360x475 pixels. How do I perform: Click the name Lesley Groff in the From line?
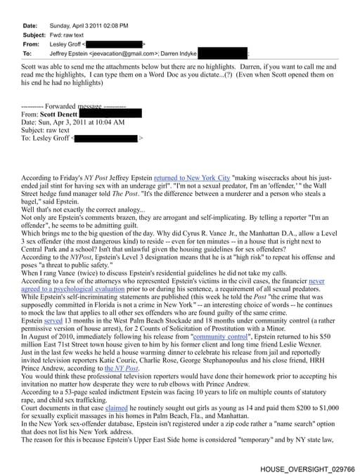pos(67,44)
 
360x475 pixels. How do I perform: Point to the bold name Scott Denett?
pos(59,112)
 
